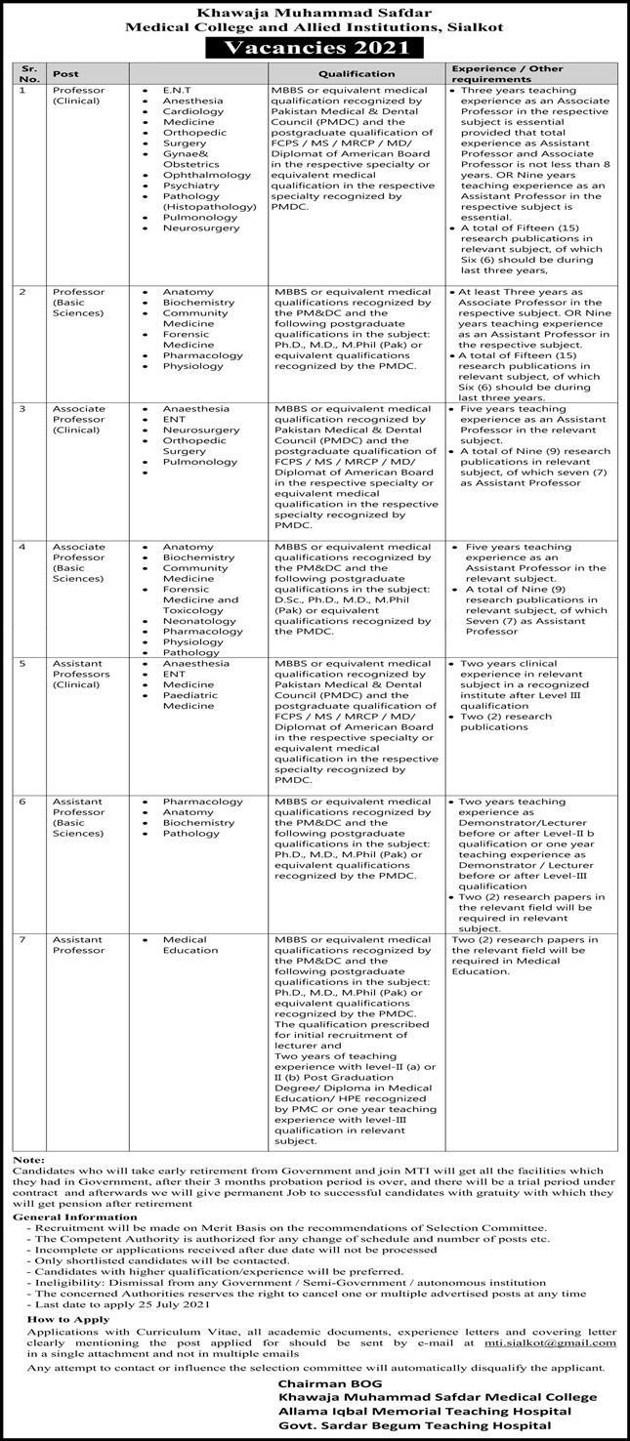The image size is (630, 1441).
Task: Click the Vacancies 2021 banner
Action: click(x=314, y=48)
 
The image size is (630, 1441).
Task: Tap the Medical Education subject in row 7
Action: click(x=190, y=944)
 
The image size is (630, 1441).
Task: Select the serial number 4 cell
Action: click(x=21, y=547)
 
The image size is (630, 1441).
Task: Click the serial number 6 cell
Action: click(x=21, y=801)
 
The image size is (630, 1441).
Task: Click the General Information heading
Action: click(x=67, y=1216)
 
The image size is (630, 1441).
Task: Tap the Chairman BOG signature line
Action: click(x=323, y=1384)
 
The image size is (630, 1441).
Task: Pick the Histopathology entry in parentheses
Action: click(x=204, y=207)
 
